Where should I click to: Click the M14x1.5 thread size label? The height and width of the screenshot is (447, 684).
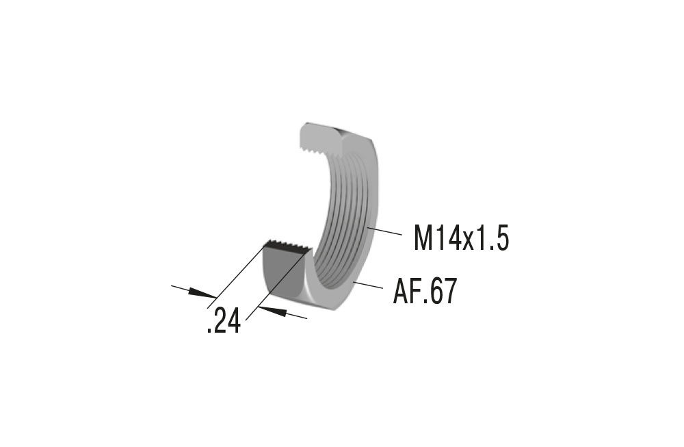coord(461,239)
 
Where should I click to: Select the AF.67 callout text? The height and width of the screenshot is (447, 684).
coord(424,292)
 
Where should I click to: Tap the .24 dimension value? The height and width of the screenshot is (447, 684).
coord(224,321)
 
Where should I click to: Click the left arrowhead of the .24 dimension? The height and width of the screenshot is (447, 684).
coord(202,293)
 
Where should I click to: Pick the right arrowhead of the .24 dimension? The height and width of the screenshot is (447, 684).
coord(274,311)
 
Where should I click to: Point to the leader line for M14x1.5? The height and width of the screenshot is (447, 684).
coord(384,231)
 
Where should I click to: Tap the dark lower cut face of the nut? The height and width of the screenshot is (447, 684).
coord(282,273)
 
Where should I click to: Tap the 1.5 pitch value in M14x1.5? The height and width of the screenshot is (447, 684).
coord(494,239)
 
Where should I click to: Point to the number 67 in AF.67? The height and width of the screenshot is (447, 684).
coord(443,292)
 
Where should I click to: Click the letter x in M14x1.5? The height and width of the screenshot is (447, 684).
coord(470,242)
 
